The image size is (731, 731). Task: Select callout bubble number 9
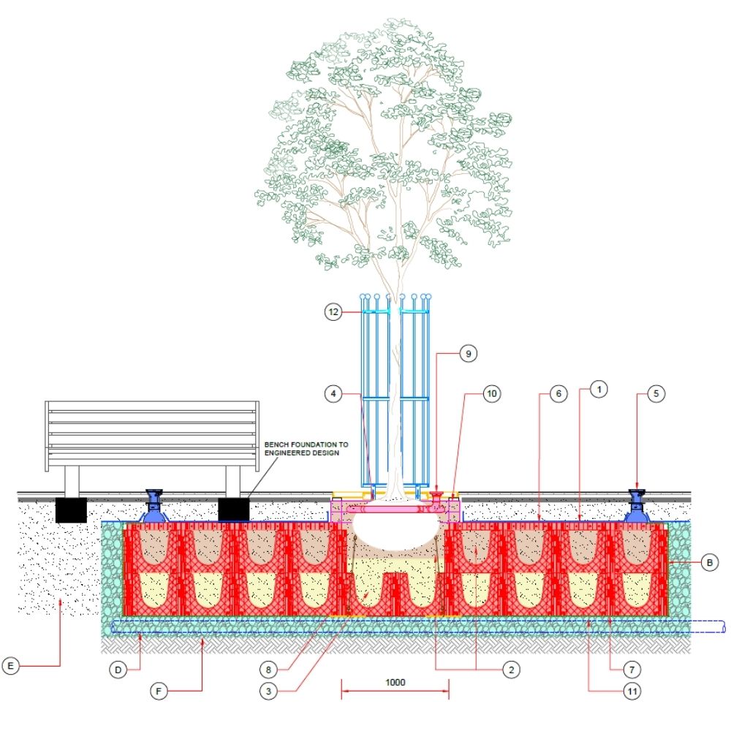pos(469,353)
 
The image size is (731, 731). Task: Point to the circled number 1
pos(597,390)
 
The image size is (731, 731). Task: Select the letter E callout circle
pos(10,666)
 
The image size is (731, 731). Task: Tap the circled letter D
pos(118,669)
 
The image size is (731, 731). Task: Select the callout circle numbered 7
pos(634,668)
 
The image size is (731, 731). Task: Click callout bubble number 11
pos(633,689)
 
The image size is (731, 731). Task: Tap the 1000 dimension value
pos(395,682)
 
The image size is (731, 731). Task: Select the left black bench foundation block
pos(71,510)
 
